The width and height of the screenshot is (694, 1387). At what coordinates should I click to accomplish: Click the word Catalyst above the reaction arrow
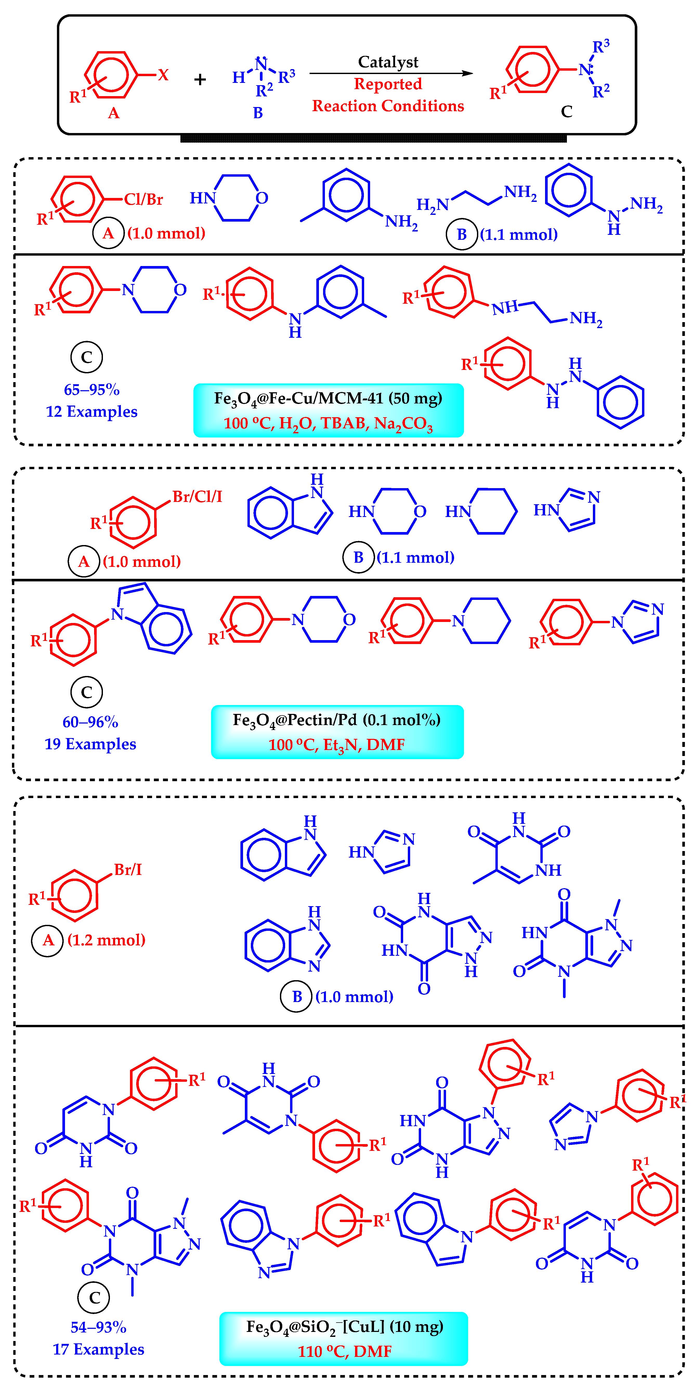[388, 62]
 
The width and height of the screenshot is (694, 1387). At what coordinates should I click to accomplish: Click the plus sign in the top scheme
[200, 80]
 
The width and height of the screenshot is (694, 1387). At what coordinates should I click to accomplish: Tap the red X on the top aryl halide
[163, 75]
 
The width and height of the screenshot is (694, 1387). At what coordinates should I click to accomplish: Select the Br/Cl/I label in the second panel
[197, 496]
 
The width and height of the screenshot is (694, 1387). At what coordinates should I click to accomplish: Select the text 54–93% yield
[99, 1327]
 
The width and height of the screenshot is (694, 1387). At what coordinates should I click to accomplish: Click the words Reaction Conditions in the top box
[388, 106]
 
